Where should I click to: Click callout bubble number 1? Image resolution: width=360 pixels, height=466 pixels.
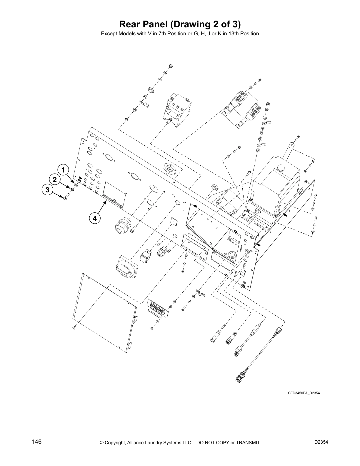(63, 170)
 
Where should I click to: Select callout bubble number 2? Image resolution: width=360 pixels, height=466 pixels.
(55, 179)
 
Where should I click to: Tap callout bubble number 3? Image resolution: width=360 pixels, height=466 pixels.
(47, 190)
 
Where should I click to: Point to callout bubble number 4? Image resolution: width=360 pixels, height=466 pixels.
(94, 218)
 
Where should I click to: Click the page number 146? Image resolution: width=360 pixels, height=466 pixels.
(37, 442)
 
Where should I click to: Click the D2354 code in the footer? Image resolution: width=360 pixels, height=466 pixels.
(321, 442)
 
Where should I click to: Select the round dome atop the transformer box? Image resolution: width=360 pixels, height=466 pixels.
(281, 168)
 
